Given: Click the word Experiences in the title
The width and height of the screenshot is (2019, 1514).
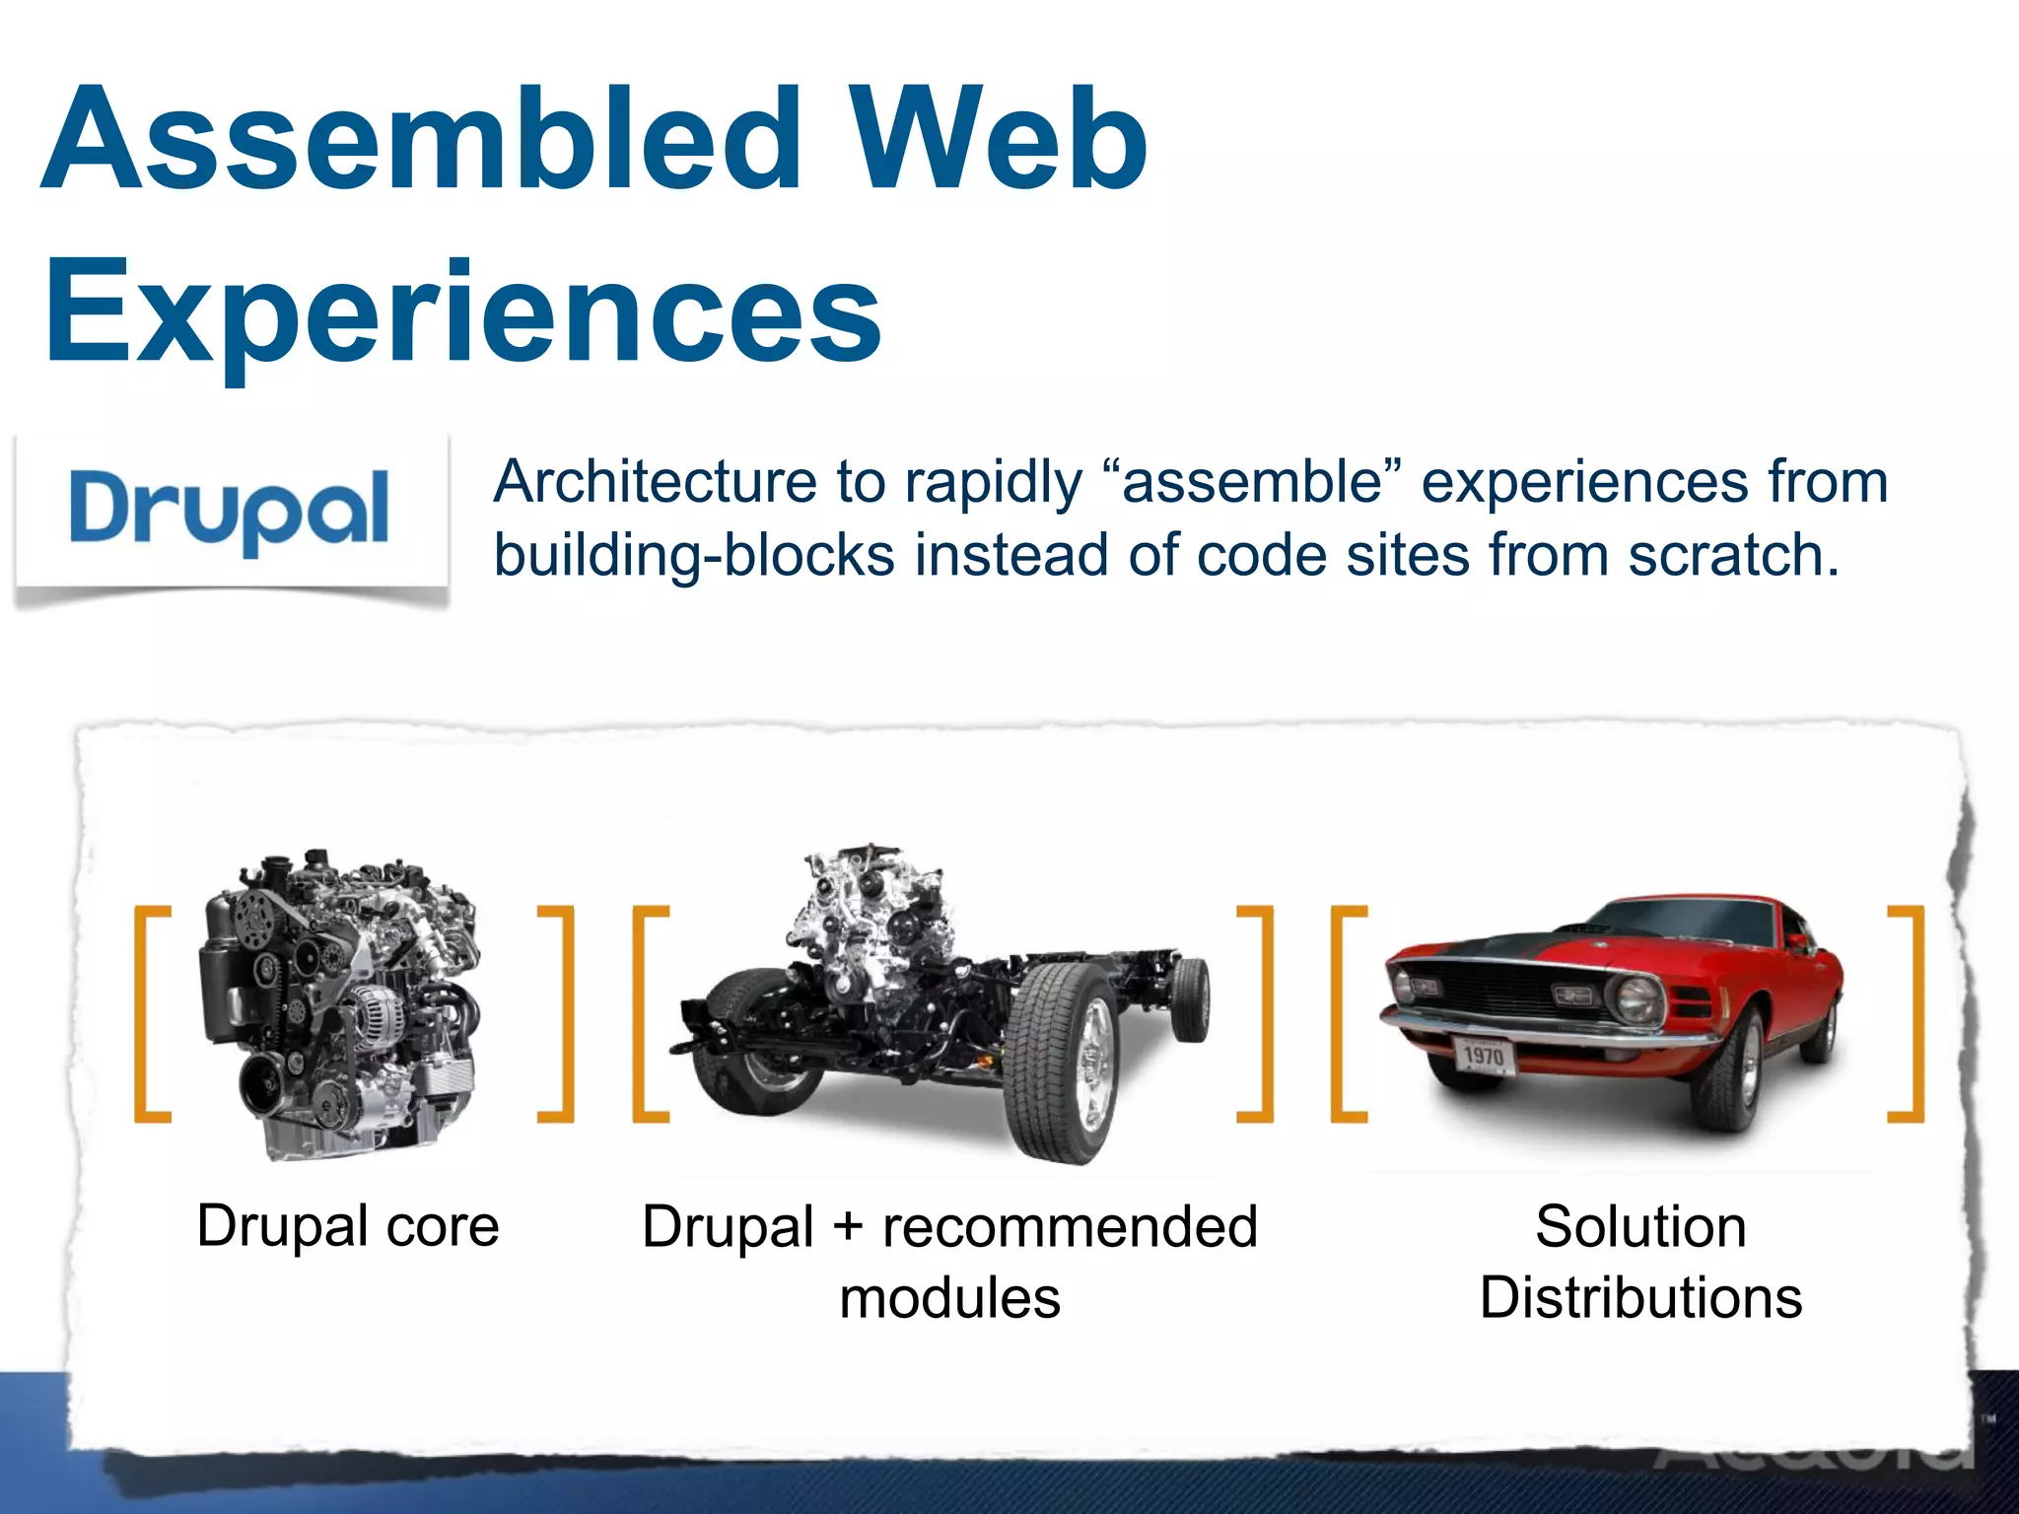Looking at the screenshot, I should tap(463, 310).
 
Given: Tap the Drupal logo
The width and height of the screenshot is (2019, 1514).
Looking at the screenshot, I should tap(230, 510).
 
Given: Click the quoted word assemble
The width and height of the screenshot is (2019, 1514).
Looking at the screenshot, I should tap(1258, 482).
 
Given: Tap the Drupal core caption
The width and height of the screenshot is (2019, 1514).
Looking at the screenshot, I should tap(348, 1225).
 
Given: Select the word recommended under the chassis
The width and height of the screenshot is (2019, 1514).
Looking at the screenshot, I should tap(1070, 1227).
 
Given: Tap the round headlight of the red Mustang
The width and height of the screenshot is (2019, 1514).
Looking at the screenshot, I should tap(1636, 998).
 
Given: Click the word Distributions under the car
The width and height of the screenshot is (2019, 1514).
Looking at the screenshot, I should tap(1640, 1297).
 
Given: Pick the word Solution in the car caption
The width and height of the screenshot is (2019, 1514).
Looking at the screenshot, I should tap(1640, 1227).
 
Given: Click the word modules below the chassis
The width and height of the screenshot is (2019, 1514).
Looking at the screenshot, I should tap(949, 1297).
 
